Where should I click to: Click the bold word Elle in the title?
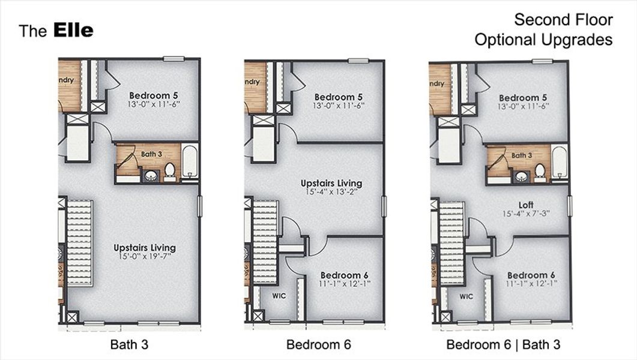[73, 31]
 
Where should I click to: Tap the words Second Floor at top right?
[563, 20]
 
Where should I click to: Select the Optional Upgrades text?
[543, 40]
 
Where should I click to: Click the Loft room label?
[527, 205]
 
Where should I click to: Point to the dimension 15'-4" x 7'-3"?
[527, 214]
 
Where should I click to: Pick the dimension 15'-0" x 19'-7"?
[145, 256]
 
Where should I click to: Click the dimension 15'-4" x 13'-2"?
[331, 192]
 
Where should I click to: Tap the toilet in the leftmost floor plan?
[169, 171]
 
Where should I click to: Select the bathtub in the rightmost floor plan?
[559, 162]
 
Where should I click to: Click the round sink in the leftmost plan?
[149, 175]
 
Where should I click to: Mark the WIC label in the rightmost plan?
[466, 296]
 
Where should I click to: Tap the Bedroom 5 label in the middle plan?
[339, 97]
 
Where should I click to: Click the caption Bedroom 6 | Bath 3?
[503, 345]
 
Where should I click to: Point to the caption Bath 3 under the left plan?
[129, 345]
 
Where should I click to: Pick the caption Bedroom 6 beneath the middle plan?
[318, 345]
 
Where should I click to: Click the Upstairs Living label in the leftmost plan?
[145, 247]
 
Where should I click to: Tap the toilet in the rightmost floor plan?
[540, 172]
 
